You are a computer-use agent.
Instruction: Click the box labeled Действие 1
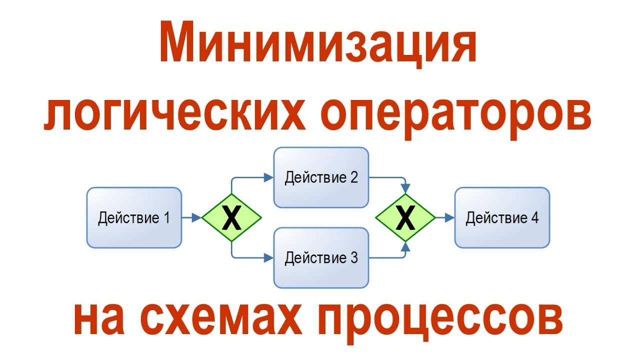pos(133,218)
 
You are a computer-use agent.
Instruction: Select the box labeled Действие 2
pos(321,177)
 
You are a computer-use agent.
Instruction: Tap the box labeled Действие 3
pos(321,258)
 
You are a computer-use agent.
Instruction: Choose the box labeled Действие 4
pos(502,218)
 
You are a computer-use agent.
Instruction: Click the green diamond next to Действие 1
pos(231,218)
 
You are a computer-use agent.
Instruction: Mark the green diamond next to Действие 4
pos(405,218)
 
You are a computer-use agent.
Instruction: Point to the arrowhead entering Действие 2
pos(268,177)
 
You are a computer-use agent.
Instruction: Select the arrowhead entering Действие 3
pos(268,258)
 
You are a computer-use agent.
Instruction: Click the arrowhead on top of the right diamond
pos(405,188)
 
